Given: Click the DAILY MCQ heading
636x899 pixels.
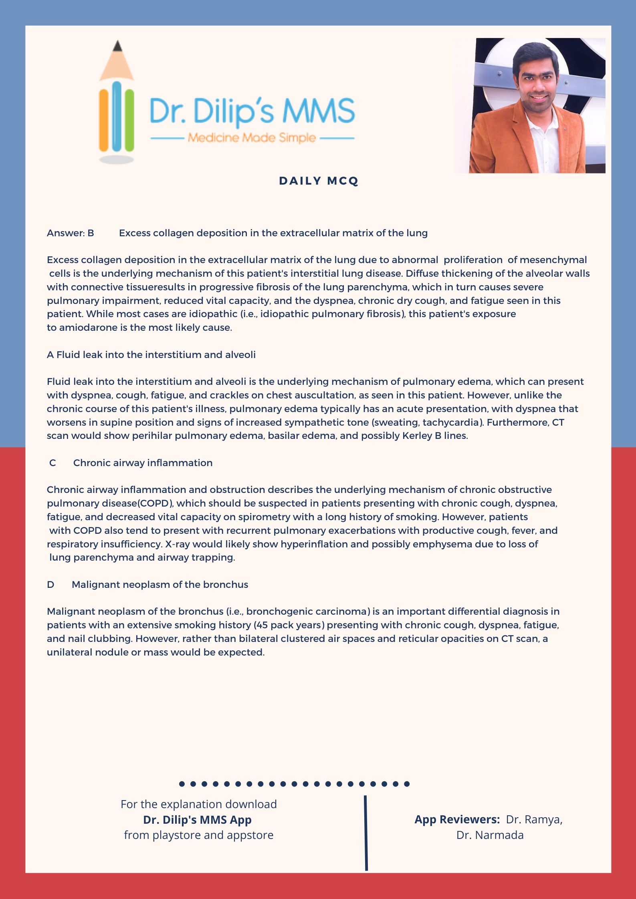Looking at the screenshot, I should [319, 181].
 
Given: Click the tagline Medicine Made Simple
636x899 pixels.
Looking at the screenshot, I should [252, 138].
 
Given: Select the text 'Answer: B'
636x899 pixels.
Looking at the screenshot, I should [71, 233].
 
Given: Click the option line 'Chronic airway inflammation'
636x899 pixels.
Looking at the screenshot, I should [143, 463].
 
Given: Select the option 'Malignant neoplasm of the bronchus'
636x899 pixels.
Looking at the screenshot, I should [160, 585].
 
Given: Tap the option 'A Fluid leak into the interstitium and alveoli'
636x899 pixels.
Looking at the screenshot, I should [151, 355].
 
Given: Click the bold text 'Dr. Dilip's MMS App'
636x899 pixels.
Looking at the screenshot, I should [198, 819].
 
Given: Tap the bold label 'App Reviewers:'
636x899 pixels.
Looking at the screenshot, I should [457, 819].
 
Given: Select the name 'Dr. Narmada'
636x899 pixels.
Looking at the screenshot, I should [490, 835].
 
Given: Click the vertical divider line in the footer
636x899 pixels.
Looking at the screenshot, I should [366, 833].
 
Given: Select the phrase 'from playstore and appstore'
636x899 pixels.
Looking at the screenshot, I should [198, 835].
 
